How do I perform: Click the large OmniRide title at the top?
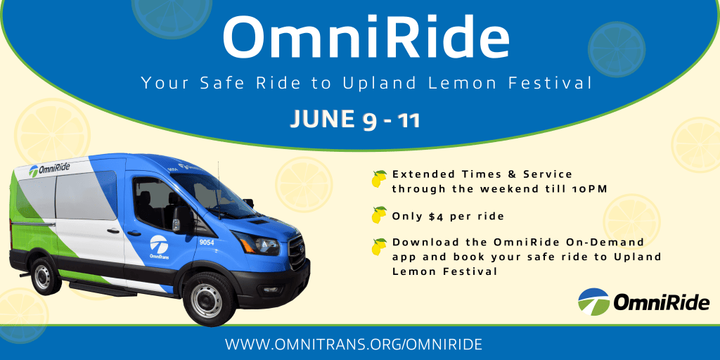point(366,37)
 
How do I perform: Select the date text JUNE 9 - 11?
point(355,120)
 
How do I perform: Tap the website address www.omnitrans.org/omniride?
point(354,344)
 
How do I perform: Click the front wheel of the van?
point(206,300)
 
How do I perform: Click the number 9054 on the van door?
point(207,242)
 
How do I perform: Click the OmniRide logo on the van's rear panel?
point(49,169)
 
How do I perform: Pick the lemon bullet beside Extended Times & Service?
point(379,179)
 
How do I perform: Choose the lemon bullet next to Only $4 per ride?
point(379,215)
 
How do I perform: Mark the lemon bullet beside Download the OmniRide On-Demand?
point(379,247)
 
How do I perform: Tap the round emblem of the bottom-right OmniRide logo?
point(593,302)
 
